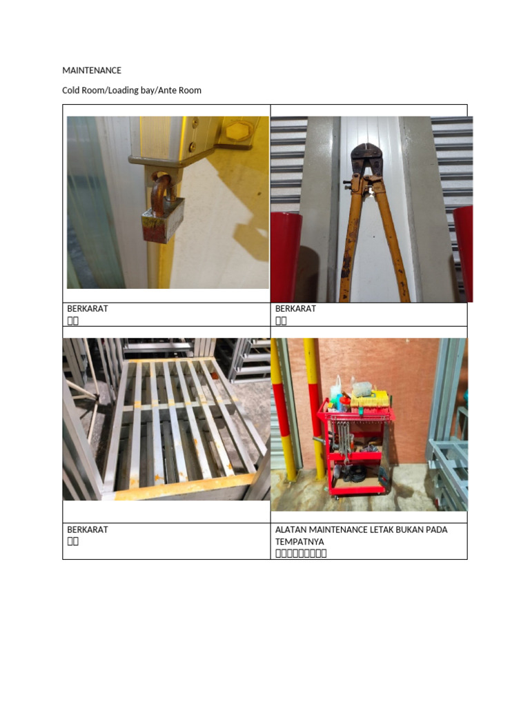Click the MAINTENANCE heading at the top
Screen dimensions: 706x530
point(92,70)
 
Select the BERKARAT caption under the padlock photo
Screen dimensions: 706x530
point(87,309)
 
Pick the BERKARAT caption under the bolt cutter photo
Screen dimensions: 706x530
point(295,309)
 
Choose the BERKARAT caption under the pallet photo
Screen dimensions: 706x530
point(87,529)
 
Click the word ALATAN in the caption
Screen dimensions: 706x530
point(291,529)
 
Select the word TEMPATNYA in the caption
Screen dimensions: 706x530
point(300,541)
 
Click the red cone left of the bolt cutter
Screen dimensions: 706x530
point(286,255)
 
